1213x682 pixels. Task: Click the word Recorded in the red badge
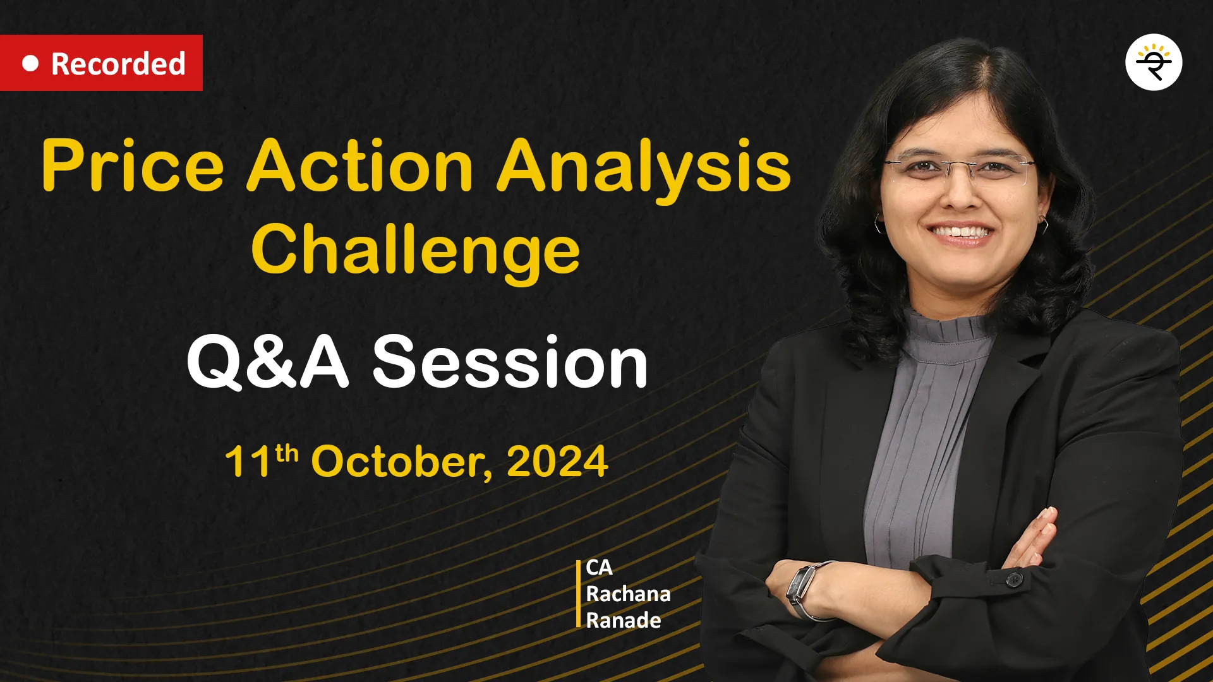tap(118, 64)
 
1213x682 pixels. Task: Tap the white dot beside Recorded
tap(30, 63)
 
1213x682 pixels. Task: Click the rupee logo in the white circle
tap(1154, 63)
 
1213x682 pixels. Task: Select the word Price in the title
tap(133, 166)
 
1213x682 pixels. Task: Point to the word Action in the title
tap(359, 165)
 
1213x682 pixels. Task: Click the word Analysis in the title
tap(644, 168)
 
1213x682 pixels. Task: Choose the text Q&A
tap(267, 362)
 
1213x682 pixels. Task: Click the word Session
tap(510, 362)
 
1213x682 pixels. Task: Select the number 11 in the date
tap(249, 462)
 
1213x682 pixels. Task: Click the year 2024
tap(557, 462)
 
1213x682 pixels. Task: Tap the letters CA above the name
tap(599, 568)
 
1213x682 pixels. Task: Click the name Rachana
tap(628, 594)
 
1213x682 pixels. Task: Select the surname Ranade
tap(624, 621)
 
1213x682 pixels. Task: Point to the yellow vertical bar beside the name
tap(578, 594)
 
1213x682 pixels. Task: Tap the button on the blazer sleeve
tap(1014, 578)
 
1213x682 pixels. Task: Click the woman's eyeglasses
tap(959, 171)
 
